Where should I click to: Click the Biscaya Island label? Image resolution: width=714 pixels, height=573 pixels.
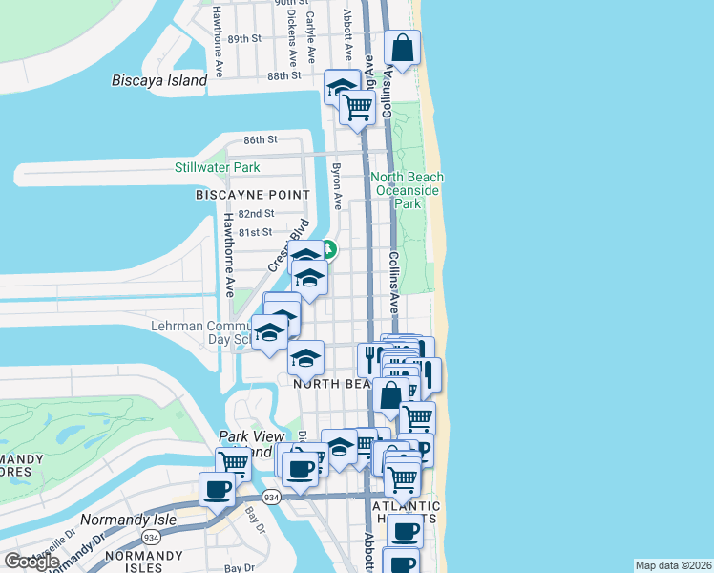(159, 80)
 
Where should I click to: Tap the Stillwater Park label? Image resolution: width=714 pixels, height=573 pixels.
(217, 167)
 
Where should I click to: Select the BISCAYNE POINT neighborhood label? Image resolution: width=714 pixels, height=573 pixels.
(253, 195)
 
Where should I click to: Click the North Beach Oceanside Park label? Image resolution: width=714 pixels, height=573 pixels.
(408, 190)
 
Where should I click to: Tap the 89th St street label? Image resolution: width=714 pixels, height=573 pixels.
(244, 38)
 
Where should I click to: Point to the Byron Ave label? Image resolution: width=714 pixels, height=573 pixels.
(336, 184)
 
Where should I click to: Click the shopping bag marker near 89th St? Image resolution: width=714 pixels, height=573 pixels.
(403, 48)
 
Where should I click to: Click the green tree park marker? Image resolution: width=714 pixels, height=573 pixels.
(329, 250)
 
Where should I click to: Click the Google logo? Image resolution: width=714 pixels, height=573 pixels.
(32, 562)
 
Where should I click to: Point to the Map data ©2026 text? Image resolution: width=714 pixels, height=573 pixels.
(673, 565)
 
